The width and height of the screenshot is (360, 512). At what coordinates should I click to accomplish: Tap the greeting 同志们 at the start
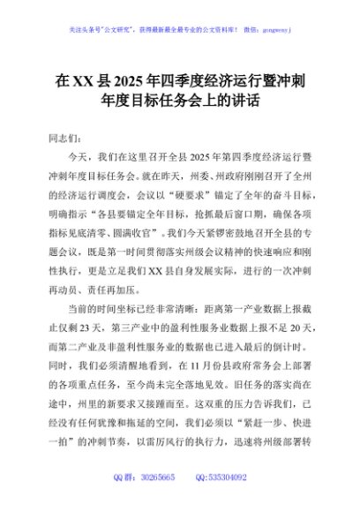(x=64, y=138)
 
